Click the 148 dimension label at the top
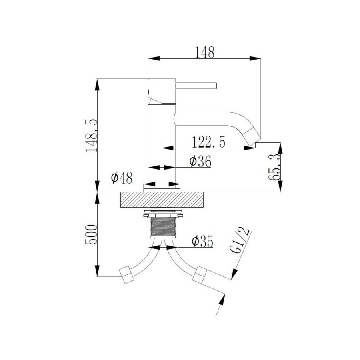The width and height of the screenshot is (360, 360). [204, 52]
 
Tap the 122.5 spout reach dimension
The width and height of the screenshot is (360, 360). [208, 142]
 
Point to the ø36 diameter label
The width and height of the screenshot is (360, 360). [200, 162]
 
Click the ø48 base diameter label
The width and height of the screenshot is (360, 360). [122, 178]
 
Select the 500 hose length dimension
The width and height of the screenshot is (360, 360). [91, 236]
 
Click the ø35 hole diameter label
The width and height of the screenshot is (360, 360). [202, 241]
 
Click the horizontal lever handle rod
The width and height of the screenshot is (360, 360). [196, 85]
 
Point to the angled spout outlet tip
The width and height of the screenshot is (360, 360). [253, 137]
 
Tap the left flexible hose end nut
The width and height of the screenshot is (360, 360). [128, 276]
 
